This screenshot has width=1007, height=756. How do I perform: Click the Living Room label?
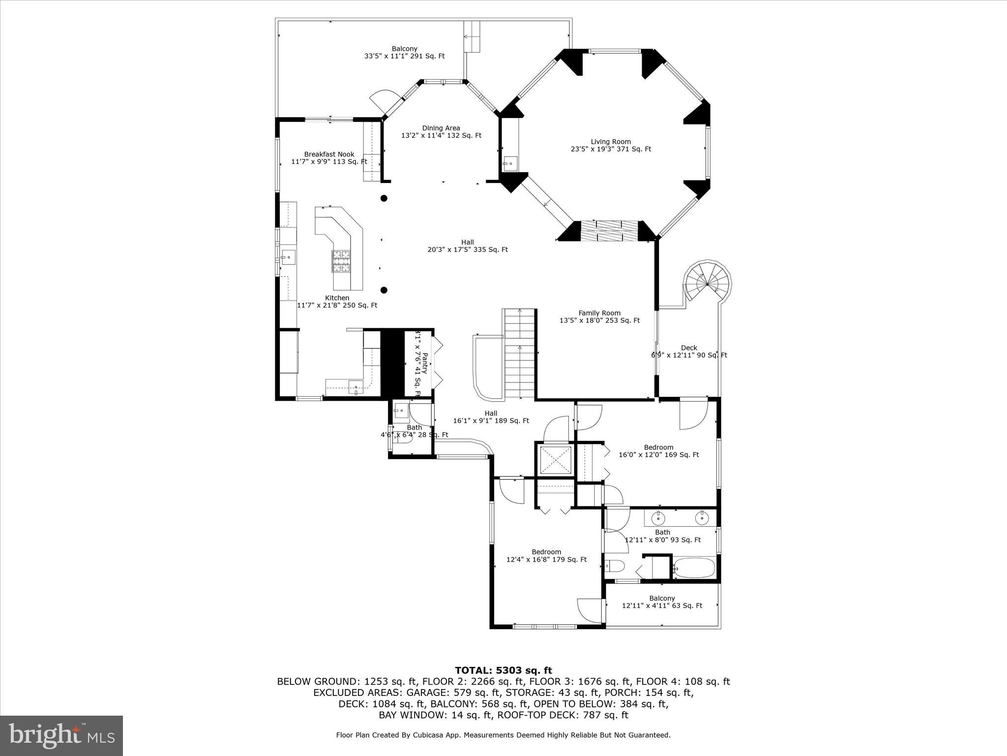pos(611,142)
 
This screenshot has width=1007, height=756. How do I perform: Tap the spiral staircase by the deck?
pos(707,284)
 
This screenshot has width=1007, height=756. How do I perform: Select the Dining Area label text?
pos(441,128)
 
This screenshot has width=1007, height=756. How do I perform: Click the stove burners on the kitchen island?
pos(342,261)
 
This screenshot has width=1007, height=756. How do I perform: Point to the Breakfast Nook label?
pos(329,155)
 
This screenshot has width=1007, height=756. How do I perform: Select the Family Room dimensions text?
pos(599,320)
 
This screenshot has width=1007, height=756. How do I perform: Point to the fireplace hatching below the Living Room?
pos(610,231)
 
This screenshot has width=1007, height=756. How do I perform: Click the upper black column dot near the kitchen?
pos(384,198)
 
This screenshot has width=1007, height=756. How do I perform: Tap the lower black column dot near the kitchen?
pos(384,290)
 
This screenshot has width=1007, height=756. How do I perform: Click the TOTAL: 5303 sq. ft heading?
pos(503,670)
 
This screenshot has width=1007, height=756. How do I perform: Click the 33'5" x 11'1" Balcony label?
pos(404,52)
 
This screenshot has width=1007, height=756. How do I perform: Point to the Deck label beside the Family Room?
pos(689,348)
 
